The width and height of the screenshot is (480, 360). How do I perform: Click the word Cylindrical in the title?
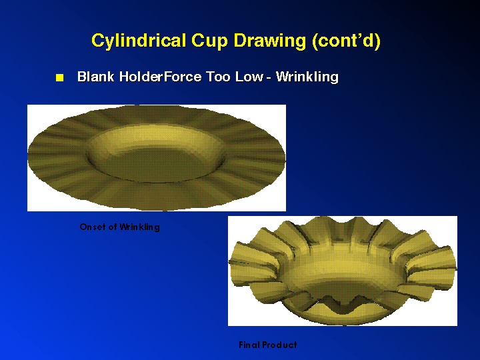(x=139, y=41)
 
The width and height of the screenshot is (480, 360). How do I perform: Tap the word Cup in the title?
(x=209, y=41)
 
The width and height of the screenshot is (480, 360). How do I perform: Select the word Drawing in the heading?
(x=270, y=41)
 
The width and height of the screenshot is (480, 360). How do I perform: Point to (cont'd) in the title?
(x=346, y=41)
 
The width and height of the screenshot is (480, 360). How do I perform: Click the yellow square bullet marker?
(x=60, y=77)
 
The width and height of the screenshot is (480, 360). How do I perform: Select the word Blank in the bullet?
(x=96, y=77)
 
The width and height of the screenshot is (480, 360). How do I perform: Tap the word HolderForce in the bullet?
(x=161, y=77)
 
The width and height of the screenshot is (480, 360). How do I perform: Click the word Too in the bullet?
(x=218, y=77)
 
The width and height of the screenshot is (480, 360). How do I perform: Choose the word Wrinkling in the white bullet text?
(x=307, y=77)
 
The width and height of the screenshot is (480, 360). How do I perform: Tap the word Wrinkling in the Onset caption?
(x=139, y=227)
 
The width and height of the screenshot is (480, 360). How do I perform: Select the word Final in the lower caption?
(x=249, y=345)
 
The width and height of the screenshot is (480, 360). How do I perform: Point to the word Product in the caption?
(x=279, y=345)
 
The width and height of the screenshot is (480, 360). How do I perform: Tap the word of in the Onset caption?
(x=113, y=227)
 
